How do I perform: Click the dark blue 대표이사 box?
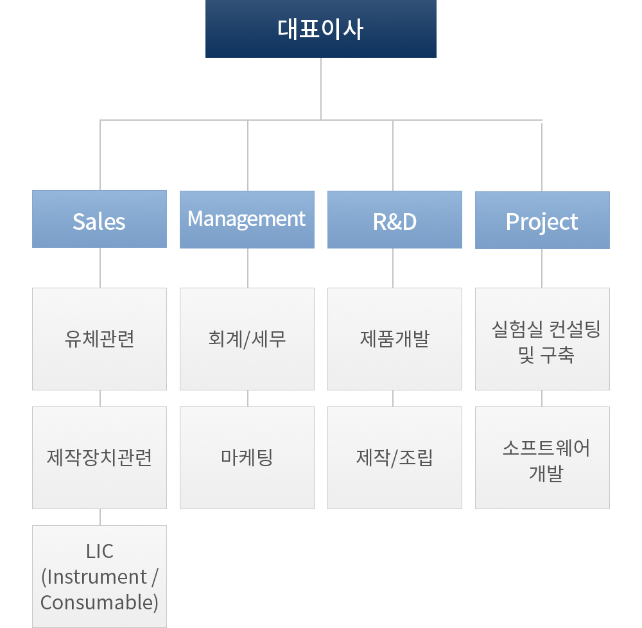[320, 29]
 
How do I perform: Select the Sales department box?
[100, 219]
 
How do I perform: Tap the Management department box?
[247, 220]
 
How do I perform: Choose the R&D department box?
[395, 220]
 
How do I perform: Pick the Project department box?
[542, 220]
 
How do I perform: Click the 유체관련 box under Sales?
[100, 339]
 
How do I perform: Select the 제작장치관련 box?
[100, 458]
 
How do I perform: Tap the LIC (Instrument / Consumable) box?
[100, 577]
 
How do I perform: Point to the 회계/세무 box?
[247, 339]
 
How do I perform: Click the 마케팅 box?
[247, 458]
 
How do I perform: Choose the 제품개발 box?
[395, 339]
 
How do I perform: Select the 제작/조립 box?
[395, 458]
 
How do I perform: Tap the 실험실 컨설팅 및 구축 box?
[542, 339]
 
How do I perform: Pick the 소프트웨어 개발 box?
[542, 458]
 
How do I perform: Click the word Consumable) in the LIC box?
[100, 602]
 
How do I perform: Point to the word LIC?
[100, 551]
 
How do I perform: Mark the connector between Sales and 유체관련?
[100, 268]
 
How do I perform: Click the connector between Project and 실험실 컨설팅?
[542, 268]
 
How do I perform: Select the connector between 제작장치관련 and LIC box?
[100, 517]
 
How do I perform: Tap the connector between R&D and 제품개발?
[393, 268]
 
